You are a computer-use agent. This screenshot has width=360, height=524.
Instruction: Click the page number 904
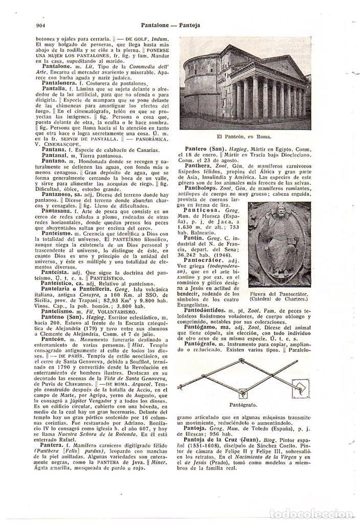pos(36,25)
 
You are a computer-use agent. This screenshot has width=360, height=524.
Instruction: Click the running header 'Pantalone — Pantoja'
pos(179,25)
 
